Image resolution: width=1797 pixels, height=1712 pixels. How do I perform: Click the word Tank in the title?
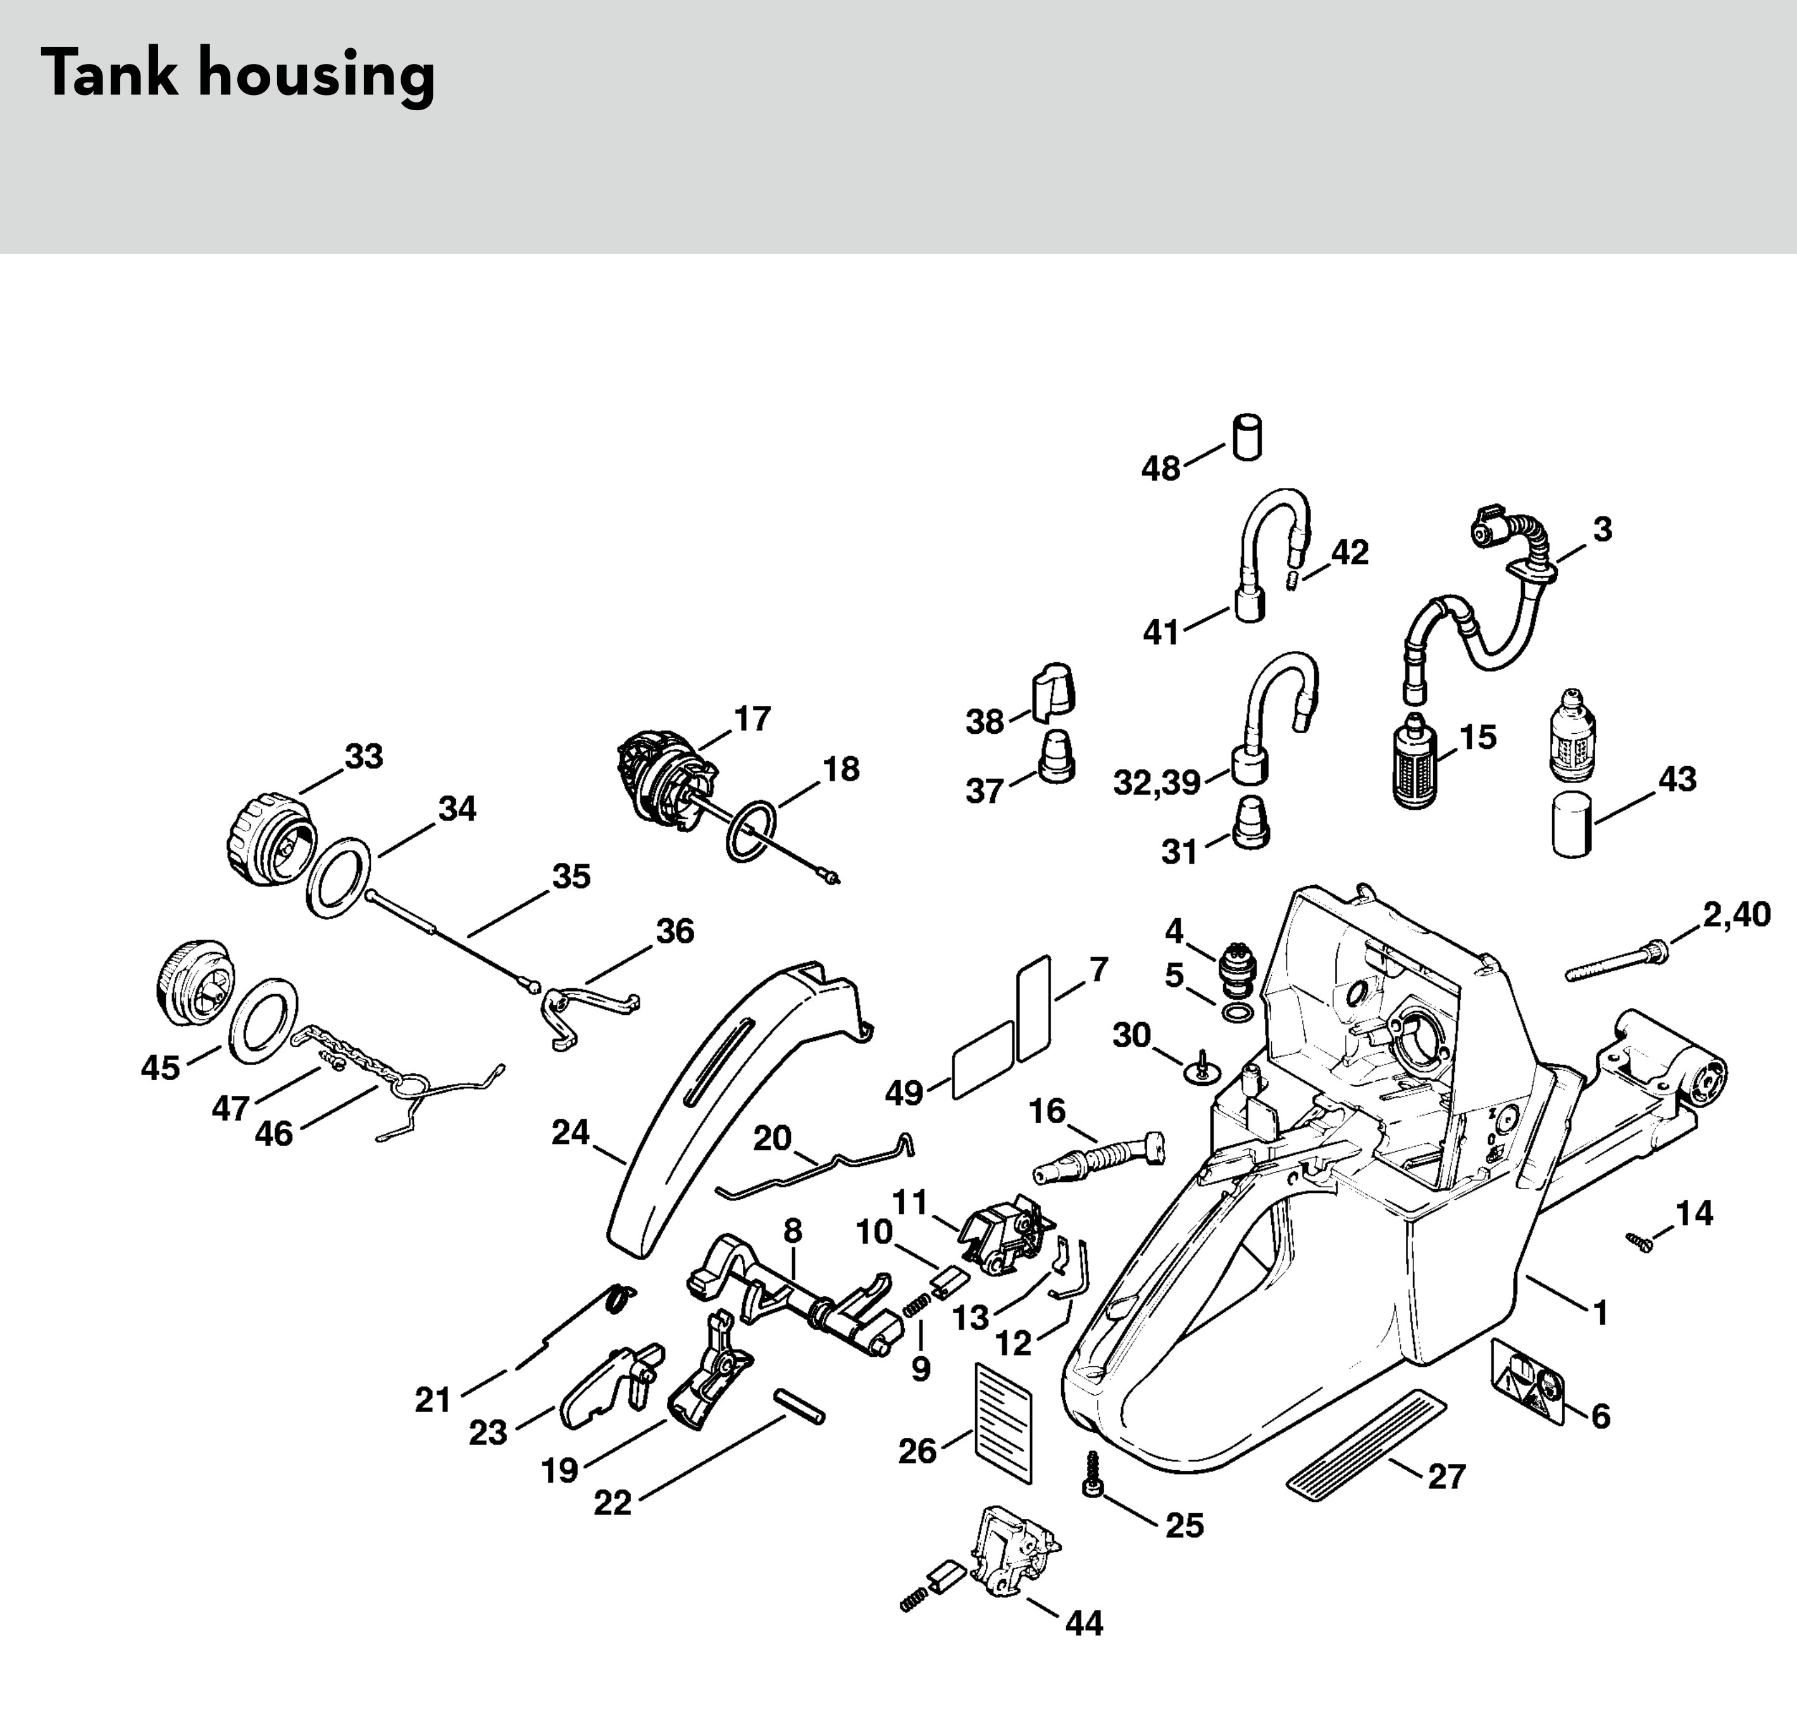click(109, 74)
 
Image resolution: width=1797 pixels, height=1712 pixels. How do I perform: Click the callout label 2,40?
click(1736, 914)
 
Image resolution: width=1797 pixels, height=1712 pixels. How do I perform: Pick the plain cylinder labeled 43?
click(1572, 825)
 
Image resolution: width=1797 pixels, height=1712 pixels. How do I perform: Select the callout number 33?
click(363, 757)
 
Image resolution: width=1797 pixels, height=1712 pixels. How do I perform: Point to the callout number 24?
click(570, 1133)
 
